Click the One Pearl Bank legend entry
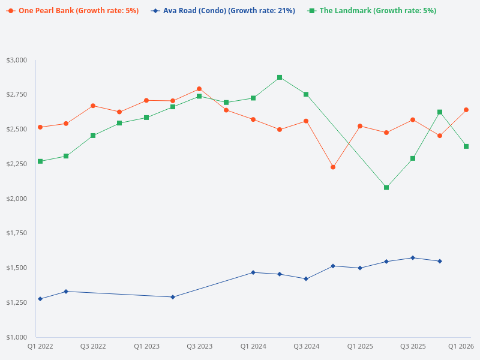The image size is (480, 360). point(72,11)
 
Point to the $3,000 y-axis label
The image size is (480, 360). point(17,60)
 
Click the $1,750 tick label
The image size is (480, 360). point(17,233)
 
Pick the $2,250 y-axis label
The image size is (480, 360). point(17,164)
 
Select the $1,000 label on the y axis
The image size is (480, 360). point(17,337)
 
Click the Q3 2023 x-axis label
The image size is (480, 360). point(199,346)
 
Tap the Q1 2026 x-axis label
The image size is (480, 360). point(461,346)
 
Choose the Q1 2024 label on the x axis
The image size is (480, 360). point(253,346)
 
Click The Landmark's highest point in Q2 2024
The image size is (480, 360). point(280,77)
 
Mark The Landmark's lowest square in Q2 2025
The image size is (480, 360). point(386,187)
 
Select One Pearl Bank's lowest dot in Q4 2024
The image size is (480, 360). point(333,167)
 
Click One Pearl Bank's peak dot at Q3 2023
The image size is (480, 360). point(199,89)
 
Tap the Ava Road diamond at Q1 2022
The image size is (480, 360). point(40,299)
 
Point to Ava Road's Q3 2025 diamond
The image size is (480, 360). point(413,258)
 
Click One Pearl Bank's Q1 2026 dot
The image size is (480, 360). point(466,110)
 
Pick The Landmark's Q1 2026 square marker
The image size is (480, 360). point(466,146)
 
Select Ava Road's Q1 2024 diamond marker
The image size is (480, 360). point(253,272)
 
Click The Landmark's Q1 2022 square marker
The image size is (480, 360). point(40,161)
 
